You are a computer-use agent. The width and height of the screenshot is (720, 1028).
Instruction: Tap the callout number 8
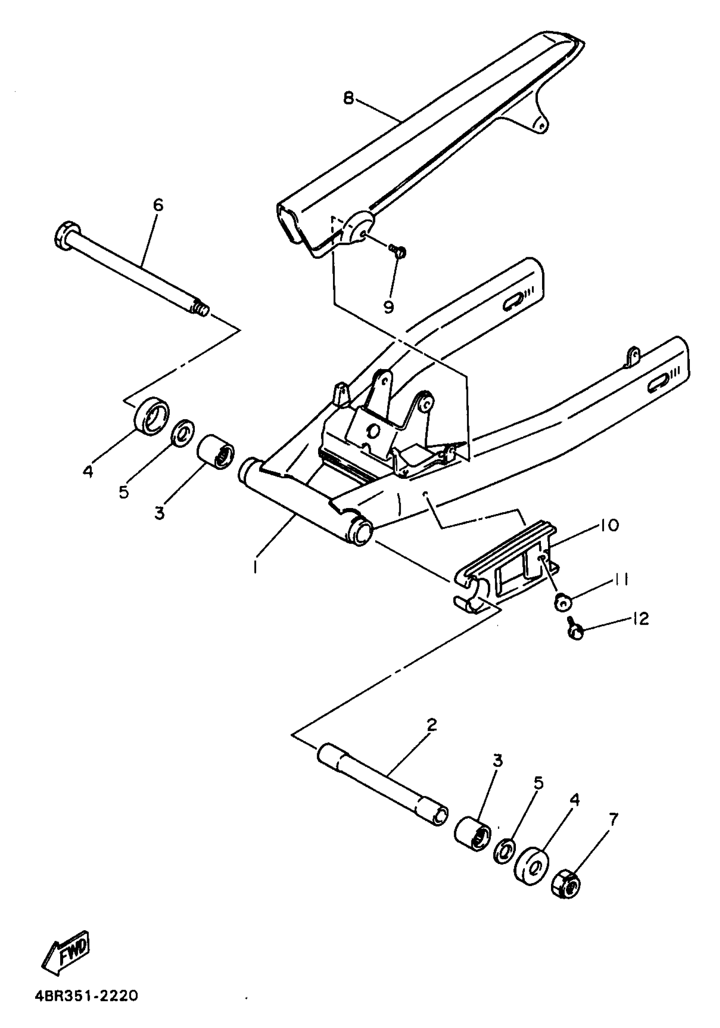tap(349, 97)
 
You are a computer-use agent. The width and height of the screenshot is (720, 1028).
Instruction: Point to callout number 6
tap(158, 205)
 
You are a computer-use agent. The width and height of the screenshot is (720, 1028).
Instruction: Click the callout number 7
tap(613, 820)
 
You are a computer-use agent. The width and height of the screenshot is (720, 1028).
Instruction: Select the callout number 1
tap(255, 568)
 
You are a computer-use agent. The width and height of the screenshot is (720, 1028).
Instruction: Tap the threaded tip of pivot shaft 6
tap(201, 308)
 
